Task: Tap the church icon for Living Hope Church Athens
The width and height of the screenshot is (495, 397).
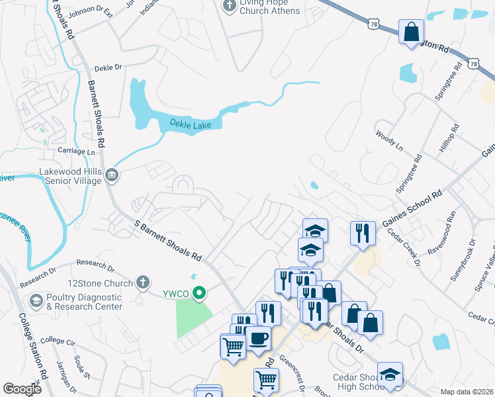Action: point(229,7)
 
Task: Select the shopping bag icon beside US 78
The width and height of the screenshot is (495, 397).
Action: point(411,30)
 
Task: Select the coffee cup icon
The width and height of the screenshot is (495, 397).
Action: point(259,339)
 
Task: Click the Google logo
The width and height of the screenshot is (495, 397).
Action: point(22,389)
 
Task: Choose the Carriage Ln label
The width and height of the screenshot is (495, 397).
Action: point(77,151)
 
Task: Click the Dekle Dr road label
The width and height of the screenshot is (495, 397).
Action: point(109,67)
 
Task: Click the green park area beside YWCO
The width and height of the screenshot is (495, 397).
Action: point(194,316)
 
